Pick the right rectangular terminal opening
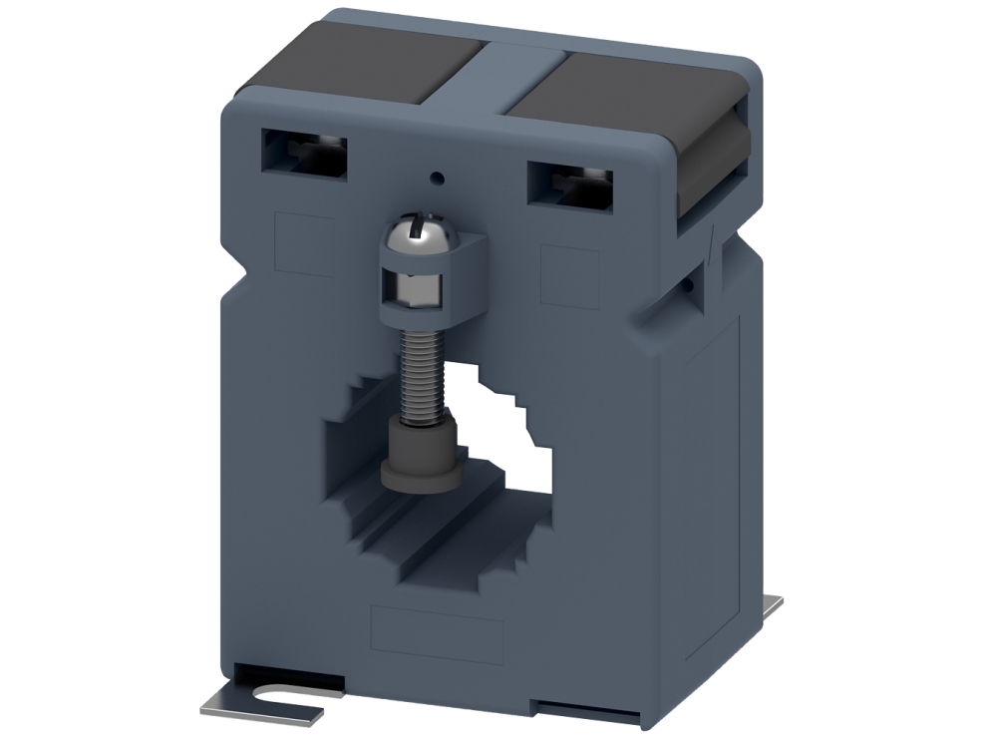coord(570,184)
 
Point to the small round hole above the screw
coord(436,180)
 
